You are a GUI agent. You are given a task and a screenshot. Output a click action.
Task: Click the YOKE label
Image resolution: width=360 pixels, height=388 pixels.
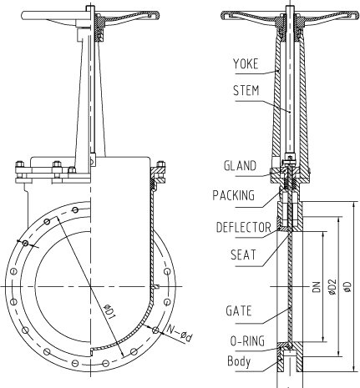[246, 63]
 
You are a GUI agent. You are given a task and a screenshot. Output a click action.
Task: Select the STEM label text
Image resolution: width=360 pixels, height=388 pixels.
[246, 90]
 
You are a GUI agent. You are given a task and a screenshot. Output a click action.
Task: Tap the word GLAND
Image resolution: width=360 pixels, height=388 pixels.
[240, 165]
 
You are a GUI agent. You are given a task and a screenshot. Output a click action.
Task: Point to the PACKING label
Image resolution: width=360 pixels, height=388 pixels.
[234, 195]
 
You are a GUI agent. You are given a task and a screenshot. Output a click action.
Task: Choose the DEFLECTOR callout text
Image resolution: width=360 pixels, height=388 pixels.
[244, 227]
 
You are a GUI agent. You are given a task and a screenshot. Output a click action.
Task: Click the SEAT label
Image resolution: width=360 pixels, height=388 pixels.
[243, 254]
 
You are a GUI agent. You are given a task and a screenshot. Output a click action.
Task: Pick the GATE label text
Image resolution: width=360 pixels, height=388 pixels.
[239, 310]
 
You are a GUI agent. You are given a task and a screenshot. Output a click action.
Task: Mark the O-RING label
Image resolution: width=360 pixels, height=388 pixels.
[247, 341]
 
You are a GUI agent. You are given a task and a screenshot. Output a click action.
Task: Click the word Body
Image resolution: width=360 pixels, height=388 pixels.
[239, 361]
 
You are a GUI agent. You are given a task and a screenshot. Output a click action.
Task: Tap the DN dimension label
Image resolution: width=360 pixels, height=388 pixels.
[317, 287]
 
